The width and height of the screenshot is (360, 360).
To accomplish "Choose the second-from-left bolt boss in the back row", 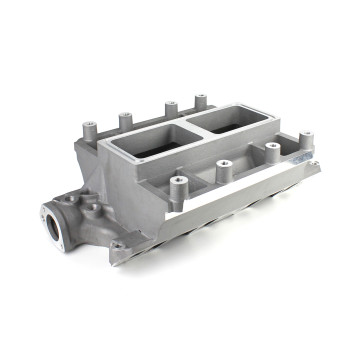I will coord(127,119).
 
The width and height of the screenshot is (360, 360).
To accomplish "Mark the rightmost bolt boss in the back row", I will coord(200,100).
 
